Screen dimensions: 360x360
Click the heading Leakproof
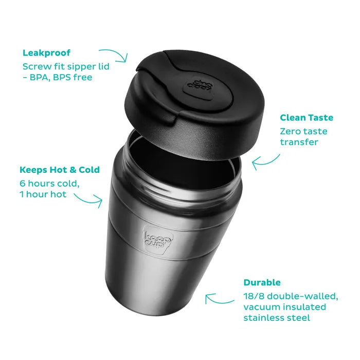click(46, 53)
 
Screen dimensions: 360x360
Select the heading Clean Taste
click(306, 118)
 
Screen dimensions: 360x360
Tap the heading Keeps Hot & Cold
click(60, 170)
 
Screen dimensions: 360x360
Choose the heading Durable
click(262, 282)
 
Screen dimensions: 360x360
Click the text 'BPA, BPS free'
click(60, 78)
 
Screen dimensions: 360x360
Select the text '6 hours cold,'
click(50, 183)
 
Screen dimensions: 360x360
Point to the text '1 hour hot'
click(44, 195)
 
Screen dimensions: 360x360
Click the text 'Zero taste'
click(304, 131)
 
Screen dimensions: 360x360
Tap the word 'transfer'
click(299, 142)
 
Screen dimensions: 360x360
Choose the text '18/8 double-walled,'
click(291, 296)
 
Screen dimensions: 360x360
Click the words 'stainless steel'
click(277, 318)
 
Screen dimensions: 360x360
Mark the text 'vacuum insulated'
click(284, 307)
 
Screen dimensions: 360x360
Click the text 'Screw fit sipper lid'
click(66, 66)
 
